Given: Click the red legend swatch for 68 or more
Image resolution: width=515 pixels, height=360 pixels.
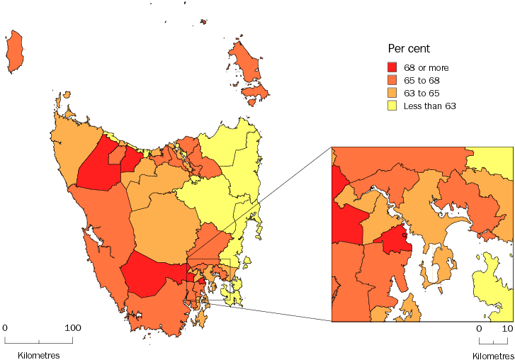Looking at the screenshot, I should point(392,68).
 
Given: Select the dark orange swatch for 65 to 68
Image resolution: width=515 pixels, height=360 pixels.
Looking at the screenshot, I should point(392,81).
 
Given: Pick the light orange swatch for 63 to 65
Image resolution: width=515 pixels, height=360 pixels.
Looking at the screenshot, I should point(392,94).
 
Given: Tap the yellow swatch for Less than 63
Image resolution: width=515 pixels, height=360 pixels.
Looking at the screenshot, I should point(392,106).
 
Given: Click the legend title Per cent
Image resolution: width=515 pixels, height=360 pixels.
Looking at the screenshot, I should point(410,49).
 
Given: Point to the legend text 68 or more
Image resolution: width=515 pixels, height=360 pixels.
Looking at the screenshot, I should point(426,68).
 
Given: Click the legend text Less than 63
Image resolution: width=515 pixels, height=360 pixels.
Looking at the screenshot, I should point(429,106).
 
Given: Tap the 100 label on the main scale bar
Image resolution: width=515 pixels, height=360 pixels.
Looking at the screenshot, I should point(73,328).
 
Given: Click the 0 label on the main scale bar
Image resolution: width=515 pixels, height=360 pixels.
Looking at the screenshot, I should point(5,328).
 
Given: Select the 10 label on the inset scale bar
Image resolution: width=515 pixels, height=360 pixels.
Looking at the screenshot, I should point(507,329).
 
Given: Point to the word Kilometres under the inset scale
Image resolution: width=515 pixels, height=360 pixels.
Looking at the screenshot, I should point(493,354).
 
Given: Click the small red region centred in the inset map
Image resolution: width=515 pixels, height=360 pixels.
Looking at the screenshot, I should point(398,242).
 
